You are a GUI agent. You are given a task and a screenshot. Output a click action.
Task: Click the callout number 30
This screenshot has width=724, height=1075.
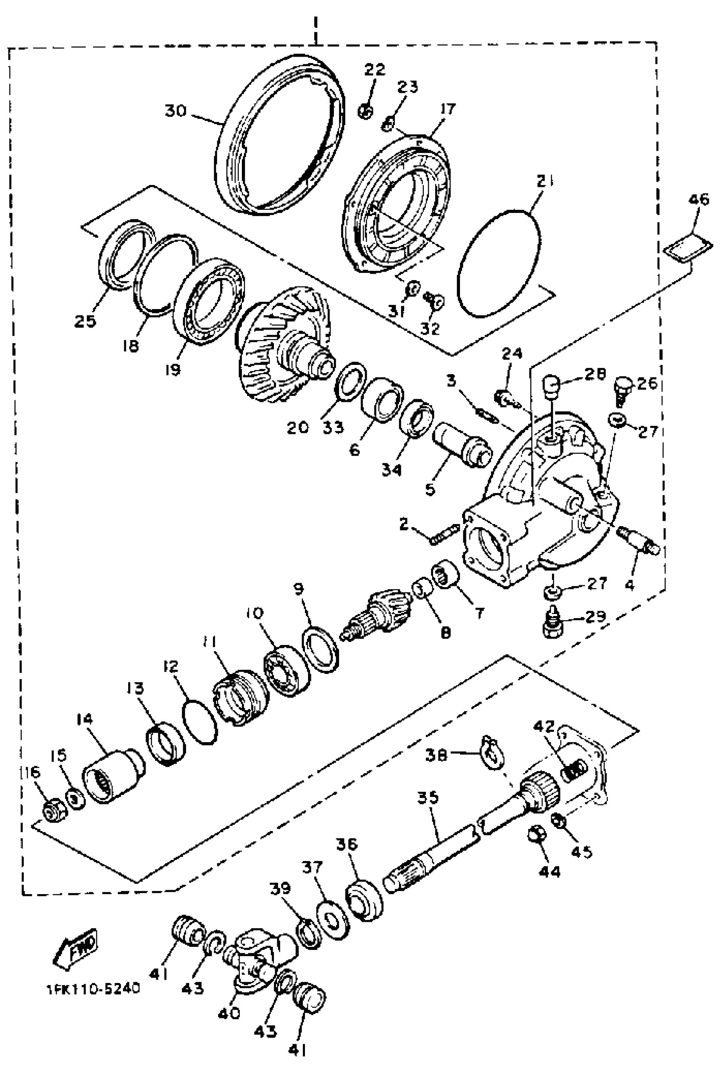pyautogui.click(x=176, y=111)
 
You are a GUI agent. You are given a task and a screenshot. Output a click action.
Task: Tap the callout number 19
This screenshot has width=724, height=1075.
pyautogui.click(x=173, y=369)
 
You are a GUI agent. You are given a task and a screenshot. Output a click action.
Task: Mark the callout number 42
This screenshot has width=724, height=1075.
pyautogui.click(x=545, y=726)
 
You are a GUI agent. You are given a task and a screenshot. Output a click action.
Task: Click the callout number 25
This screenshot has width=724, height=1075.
pyautogui.click(x=86, y=321)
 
